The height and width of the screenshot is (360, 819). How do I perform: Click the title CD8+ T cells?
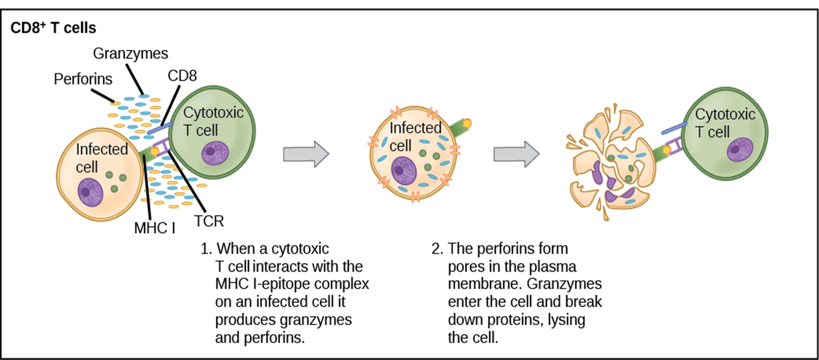point(53,27)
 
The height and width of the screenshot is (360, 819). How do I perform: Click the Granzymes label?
point(131,53)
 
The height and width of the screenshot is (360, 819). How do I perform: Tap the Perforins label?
point(83,79)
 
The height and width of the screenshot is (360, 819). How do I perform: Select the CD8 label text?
point(182,75)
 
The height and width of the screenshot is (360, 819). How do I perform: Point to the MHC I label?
point(155,228)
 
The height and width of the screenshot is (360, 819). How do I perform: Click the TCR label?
point(209,221)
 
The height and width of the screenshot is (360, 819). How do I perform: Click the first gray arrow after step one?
point(306,154)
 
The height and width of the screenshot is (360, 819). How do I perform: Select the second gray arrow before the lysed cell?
point(517,154)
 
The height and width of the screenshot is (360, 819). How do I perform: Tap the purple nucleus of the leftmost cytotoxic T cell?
point(215,153)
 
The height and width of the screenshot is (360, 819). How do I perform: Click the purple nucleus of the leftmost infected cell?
point(90,192)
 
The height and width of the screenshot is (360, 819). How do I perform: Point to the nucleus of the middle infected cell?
point(404,171)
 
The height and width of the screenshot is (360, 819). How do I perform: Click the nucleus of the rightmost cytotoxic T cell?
point(740,150)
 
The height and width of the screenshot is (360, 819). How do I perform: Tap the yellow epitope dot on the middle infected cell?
point(467,123)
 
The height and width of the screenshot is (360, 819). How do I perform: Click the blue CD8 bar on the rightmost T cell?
point(674,128)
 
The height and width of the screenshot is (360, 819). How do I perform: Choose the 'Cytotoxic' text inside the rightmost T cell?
point(725,114)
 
